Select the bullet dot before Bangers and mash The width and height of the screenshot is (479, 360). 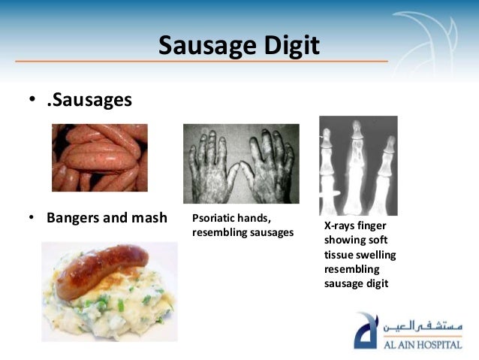click(x=32, y=219)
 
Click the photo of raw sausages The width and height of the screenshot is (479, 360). click(x=99, y=158)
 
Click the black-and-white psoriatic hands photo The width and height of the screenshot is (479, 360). click(x=240, y=163)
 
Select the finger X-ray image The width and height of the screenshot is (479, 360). click(x=357, y=165)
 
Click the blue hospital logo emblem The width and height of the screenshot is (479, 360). click(x=368, y=334)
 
